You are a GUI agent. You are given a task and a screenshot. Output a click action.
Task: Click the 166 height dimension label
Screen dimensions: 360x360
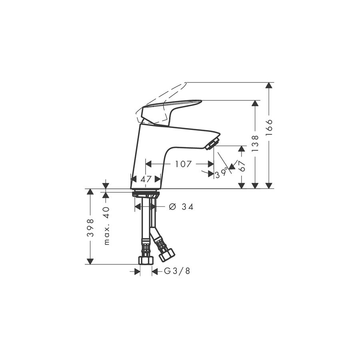pos(269,128)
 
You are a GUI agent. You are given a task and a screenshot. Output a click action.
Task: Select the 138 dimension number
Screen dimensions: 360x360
pos(255,143)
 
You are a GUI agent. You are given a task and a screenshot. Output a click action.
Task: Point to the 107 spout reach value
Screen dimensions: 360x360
pos(183,164)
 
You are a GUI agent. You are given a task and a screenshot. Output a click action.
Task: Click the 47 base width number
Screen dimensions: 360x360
pos(146,179)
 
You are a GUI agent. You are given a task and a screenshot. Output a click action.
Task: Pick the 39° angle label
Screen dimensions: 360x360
pos(222,174)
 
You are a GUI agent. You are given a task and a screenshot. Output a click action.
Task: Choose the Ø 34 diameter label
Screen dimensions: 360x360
pos(181,207)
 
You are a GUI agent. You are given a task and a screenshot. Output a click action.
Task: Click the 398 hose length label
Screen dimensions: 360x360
pos(90,228)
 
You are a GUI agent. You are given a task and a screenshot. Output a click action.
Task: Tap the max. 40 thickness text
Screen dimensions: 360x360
pos(107,226)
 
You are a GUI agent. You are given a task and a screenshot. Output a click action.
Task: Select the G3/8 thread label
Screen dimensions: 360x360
pos(177,271)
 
